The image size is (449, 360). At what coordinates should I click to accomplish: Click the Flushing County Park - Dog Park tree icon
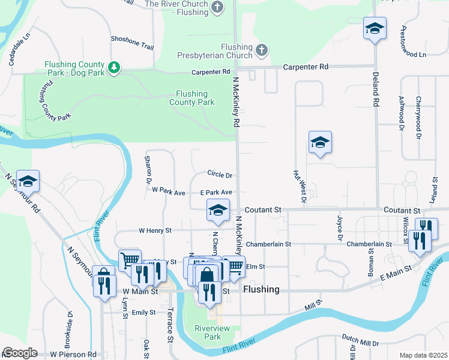point(113,67)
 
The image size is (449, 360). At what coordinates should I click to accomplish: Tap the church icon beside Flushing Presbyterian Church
point(261,50)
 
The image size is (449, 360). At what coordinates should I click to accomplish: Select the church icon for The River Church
point(217,7)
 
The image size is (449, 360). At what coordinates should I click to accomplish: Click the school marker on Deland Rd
point(375,28)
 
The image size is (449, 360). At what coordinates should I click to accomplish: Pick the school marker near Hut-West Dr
point(320,143)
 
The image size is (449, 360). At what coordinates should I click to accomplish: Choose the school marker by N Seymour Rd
point(28,181)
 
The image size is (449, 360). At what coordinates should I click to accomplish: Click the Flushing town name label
point(261,289)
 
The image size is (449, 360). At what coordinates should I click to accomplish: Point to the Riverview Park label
point(208,332)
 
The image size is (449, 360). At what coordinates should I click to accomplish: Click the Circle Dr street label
point(220,175)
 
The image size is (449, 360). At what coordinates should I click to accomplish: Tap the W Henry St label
point(155,230)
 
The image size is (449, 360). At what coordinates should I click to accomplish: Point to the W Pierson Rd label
point(73,355)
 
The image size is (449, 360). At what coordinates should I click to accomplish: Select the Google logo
point(19,353)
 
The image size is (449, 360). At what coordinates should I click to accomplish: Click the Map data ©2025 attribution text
point(423,355)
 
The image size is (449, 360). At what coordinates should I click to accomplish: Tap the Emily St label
point(143,313)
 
